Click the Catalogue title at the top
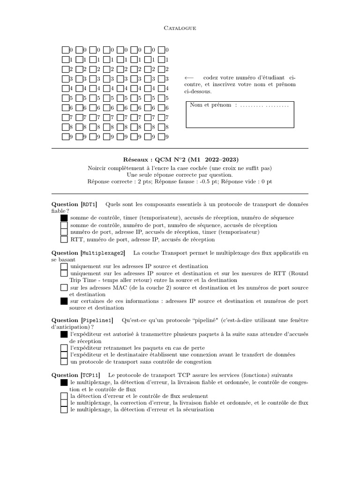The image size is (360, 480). click(x=180, y=28)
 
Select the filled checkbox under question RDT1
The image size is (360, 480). click(x=64, y=218)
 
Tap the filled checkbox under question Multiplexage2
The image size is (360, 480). click(x=64, y=301)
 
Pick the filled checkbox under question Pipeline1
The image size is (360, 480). click(x=64, y=335)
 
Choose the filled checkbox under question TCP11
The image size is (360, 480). click(x=64, y=383)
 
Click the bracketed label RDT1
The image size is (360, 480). click(x=89, y=204)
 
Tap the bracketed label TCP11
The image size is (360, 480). click(x=90, y=375)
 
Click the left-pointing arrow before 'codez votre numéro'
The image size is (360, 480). click(x=188, y=77)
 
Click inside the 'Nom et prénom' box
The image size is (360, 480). click(x=240, y=117)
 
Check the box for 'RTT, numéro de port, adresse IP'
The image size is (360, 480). click(x=64, y=239)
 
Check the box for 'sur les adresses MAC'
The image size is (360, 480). click(x=64, y=287)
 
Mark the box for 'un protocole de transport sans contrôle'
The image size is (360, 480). click(x=64, y=362)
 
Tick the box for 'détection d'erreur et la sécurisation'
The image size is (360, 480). click(x=64, y=410)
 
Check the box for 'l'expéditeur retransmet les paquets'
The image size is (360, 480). click(x=64, y=348)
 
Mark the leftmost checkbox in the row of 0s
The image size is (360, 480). click(x=65, y=50)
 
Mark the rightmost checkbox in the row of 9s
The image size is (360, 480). click(x=161, y=137)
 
